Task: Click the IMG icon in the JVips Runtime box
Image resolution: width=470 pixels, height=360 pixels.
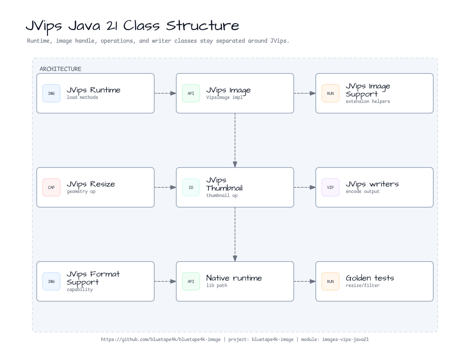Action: coord(51,93)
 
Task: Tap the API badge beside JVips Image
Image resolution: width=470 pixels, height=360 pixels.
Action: coord(191,93)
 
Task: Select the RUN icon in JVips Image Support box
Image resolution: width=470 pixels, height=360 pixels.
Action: coord(330,93)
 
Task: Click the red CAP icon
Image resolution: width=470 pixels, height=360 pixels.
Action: coord(51,187)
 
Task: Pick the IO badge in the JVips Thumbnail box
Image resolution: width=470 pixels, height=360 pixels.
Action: coord(191,187)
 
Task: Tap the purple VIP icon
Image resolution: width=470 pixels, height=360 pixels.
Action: coord(330,187)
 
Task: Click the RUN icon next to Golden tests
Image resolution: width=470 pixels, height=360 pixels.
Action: coord(330,281)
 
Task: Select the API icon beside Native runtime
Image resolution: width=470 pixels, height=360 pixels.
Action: coord(191,281)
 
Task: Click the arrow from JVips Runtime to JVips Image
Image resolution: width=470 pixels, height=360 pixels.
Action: coord(165,93)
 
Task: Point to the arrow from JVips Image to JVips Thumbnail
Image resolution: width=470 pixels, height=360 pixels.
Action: coord(235,140)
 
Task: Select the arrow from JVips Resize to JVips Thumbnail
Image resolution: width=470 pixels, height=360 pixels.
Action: coord(165,187)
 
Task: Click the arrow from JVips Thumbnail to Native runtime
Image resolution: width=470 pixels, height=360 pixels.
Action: coord(235,234)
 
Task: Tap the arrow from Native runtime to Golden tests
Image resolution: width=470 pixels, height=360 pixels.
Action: coord(305,281)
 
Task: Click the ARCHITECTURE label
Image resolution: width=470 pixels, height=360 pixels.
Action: coord(60,69)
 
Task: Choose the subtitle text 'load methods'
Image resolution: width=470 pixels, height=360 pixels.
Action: coord(82,97)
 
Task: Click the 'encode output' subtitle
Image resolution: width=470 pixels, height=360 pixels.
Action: coord(362,191)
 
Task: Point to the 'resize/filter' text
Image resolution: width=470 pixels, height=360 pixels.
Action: coord(362,285)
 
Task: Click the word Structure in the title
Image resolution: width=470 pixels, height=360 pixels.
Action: coord(202,26)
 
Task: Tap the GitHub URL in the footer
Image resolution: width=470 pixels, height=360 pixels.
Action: coord(161,339)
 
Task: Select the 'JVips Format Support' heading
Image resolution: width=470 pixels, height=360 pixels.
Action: coord(93,278)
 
